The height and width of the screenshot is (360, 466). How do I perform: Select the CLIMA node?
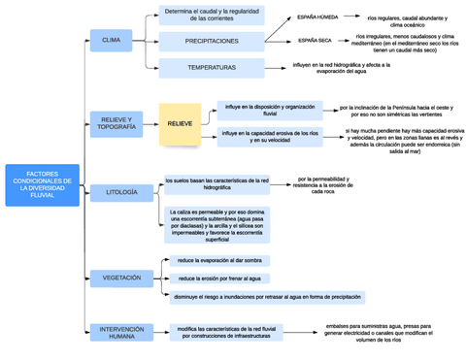[x=111, y=41]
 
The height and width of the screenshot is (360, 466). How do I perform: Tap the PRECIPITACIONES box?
[x=211, y=41]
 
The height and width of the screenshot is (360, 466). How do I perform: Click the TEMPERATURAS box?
[x=211, y=68]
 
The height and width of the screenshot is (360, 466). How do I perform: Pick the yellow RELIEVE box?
[x=180, y=124]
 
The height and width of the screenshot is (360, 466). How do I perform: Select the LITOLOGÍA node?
[x=121, y=192]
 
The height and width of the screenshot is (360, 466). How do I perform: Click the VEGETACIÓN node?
[x=121, y=278]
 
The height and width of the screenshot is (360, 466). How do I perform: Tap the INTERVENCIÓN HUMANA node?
[x=121, y=331]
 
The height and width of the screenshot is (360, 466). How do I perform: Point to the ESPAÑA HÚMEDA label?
[x=316, y=17]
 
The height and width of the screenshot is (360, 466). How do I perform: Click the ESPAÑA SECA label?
[x=314, y=41]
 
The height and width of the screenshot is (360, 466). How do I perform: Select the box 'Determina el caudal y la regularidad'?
[x=211, y=15]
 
